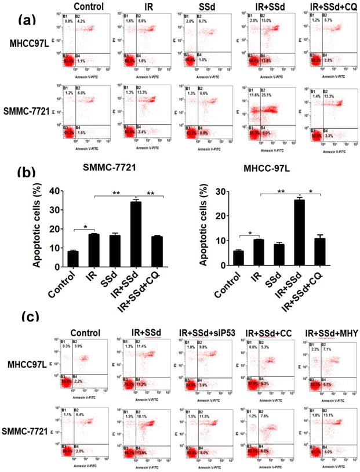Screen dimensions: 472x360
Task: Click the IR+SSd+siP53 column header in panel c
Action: pyautogui.click(x=209, y=332)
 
